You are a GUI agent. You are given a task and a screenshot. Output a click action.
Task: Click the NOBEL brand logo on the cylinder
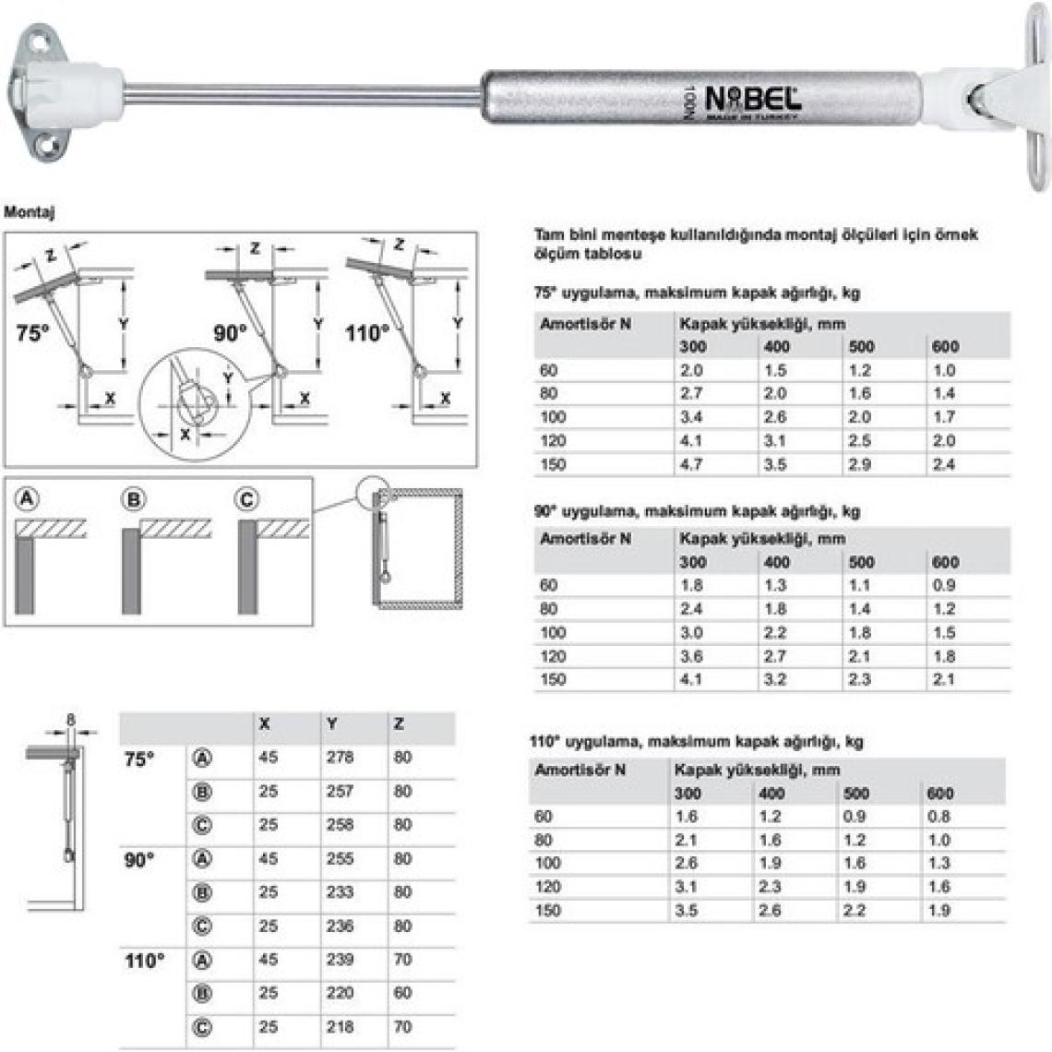(753, 100)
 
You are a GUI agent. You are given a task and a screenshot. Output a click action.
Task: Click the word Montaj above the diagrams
(29, 212)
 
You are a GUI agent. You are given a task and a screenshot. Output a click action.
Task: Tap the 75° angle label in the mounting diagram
(32, 333)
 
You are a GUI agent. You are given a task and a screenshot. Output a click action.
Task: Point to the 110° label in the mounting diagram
(367, 333)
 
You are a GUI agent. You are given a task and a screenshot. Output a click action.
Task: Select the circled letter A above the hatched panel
(26, 499)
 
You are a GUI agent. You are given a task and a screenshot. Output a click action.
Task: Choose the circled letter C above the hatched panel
(246, 500)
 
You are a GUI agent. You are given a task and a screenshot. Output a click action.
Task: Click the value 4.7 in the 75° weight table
(691, 464)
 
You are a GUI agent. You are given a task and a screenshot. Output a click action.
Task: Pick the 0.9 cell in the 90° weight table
(943, 585)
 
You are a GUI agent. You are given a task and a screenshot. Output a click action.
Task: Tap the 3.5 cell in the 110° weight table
(686, 911)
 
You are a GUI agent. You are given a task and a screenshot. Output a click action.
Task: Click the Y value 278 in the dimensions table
(340, 757)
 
